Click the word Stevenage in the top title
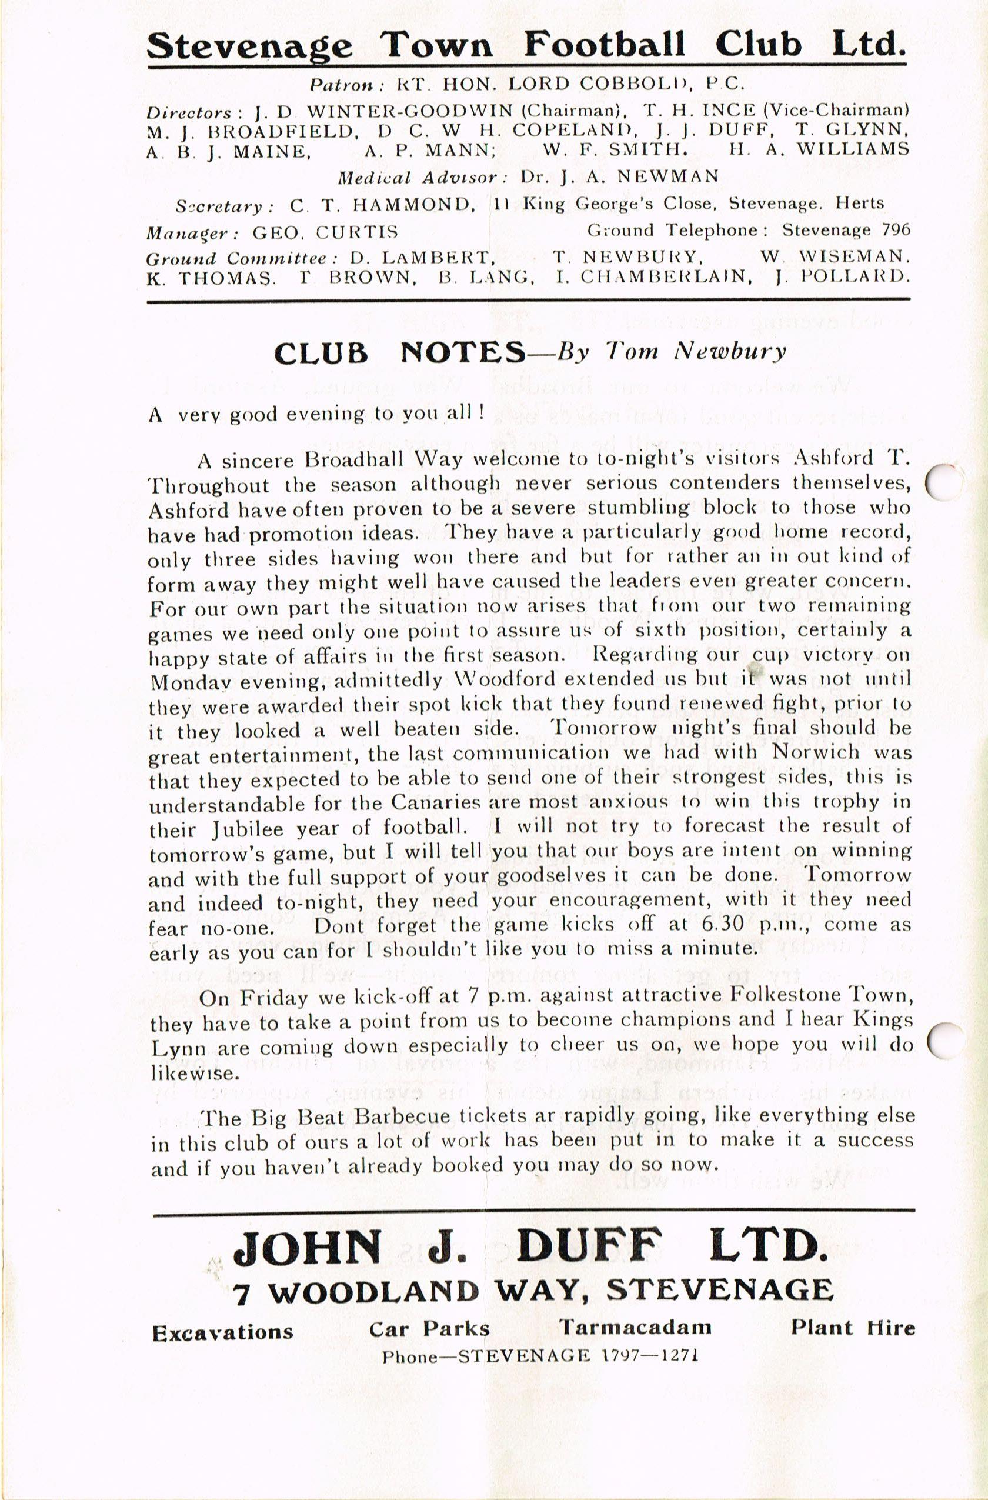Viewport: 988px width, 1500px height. coord(249,46)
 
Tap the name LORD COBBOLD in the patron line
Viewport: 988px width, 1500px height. coord(580,84)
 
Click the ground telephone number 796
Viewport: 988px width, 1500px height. coord(897,230)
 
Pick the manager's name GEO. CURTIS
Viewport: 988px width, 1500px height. coord(325,232)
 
